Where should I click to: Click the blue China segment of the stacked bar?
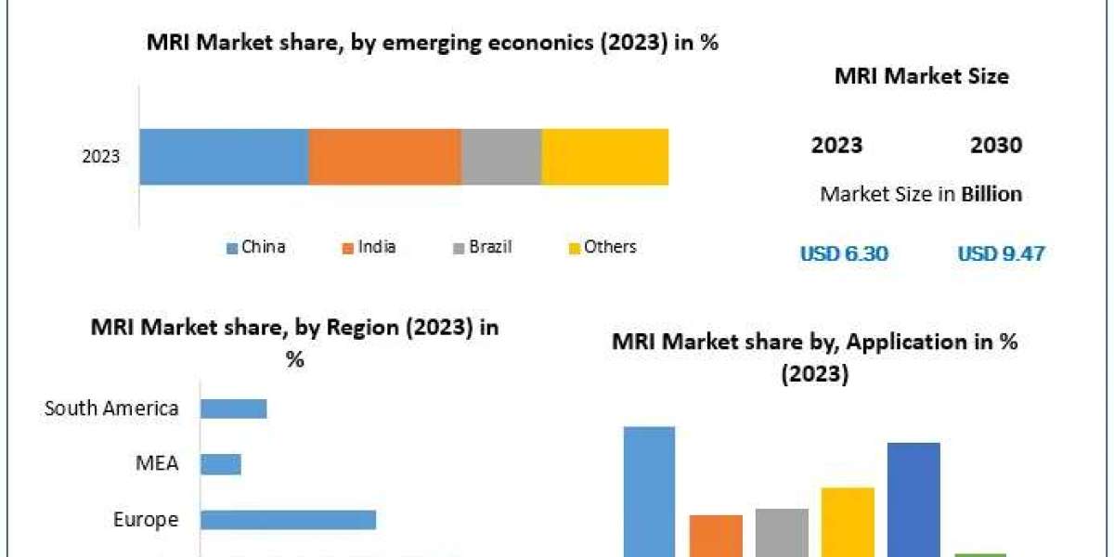click(x=224, y=157)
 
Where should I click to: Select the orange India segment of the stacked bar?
click(x=384, y=157)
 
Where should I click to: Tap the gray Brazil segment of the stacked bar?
click(x=501, y=157)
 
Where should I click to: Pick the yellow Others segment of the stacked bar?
click(x=604, y=157)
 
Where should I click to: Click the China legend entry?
click(x=256, y=247)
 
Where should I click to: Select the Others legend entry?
click(x=602, y=247)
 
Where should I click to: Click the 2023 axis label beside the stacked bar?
click(x=101, y=157)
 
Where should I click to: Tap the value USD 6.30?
click(x=844, y=253)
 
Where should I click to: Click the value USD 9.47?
click(x=1000, y=253)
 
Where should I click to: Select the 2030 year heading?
click(x=996, y=145)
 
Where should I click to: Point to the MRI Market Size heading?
click(x=921, y=77)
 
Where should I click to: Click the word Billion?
click(x=991, y=194)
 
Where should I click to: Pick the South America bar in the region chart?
click(x=234, y=408)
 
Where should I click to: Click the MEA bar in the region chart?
click(x=221, y=463)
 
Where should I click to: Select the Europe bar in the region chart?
click(x=288, y=520)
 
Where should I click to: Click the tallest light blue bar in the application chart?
click(x=649, y=491)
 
